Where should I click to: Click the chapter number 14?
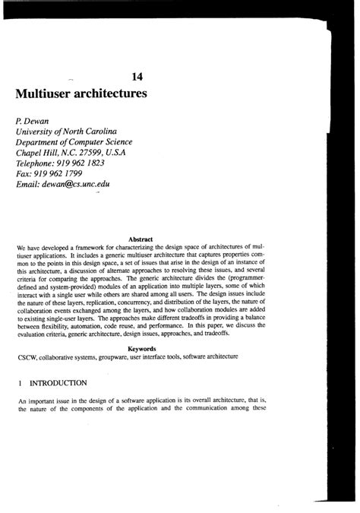[x=138, y=77]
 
